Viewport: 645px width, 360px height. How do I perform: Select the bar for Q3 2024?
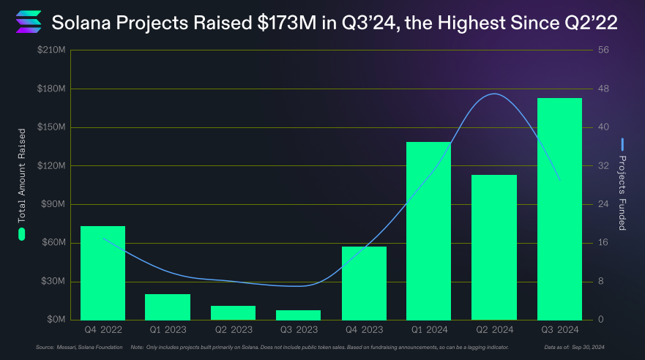(x=559, y=209)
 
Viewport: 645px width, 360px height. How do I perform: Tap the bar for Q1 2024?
(x=429, y=230)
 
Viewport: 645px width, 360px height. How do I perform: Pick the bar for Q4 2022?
(x=102, y=273)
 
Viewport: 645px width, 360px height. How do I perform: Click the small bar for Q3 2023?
(x=298, y=315)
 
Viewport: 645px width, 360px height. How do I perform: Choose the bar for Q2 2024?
(x=494, y=247)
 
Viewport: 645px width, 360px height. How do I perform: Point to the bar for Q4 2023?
(x=364, y=283)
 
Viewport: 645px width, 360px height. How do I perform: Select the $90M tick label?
(x=53, y=204)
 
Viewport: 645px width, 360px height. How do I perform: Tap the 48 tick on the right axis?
(x=603, y=89)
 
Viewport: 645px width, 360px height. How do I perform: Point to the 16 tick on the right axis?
(x=603, y=243)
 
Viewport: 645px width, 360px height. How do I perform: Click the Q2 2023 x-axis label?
(x=233, y=329)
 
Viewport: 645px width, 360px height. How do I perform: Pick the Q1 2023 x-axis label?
(x=168, y=329)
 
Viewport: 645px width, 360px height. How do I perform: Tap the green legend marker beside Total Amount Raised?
(x=22, y=234)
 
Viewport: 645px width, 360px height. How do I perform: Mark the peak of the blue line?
(x=496, y=94)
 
